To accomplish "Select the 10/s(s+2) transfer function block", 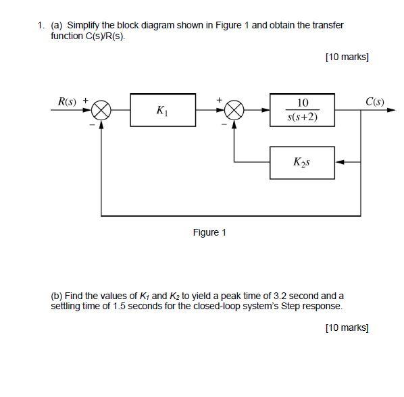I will click(x=302, y=110).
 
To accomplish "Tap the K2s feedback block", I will click(x=302, y=162).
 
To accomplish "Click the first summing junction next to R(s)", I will click(x=101, y=110).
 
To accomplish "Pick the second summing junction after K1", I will click(x=234, y=110).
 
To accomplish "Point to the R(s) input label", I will click(x=66, y=102).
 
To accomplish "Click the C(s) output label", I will click(x=374, y=102).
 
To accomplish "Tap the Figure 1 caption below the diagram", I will click(x=209, y=232).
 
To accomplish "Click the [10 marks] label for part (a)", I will click(x=347, y=57).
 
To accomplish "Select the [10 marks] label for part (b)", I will click(x=347, y=327).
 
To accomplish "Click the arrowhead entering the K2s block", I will click(x=339, y=162).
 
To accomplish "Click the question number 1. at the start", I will click(x=41, y=25).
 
